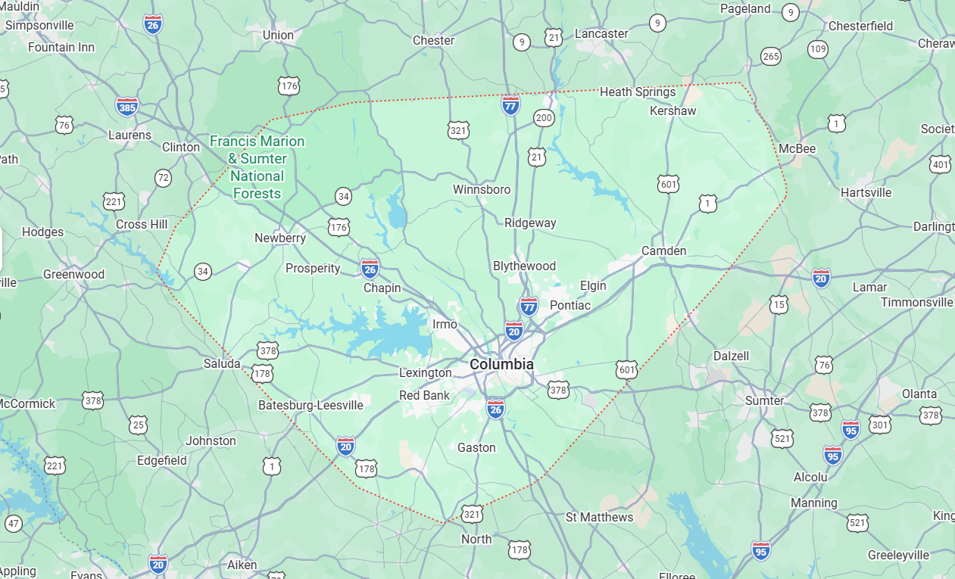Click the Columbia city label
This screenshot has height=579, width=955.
[501, 364]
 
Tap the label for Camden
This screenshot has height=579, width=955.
[663, 251]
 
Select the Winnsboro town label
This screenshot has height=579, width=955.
[482, 189]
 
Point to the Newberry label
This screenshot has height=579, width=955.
[280, 238]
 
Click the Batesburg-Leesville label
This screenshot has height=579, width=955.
[311, 405]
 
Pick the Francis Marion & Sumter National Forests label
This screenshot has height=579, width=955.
[257, 167]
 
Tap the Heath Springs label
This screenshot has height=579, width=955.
[638, 92]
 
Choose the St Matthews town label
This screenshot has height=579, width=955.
[599, 517]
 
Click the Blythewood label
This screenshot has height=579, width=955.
[524, 266]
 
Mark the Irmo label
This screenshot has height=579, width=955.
[445, 324]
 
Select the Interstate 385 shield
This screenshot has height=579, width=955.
[127, 106]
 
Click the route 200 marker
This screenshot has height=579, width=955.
[544, 117]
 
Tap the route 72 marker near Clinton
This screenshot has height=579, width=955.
[163, 178]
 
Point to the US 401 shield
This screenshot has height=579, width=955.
[940, 164]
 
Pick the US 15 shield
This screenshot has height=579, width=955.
[779, 304]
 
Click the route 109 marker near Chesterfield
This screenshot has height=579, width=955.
[818, 49]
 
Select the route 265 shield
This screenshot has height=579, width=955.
[771, 56]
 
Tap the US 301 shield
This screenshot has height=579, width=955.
[880, 425]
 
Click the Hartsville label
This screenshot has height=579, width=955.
[866, 192]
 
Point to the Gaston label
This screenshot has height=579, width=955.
[476, 447]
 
